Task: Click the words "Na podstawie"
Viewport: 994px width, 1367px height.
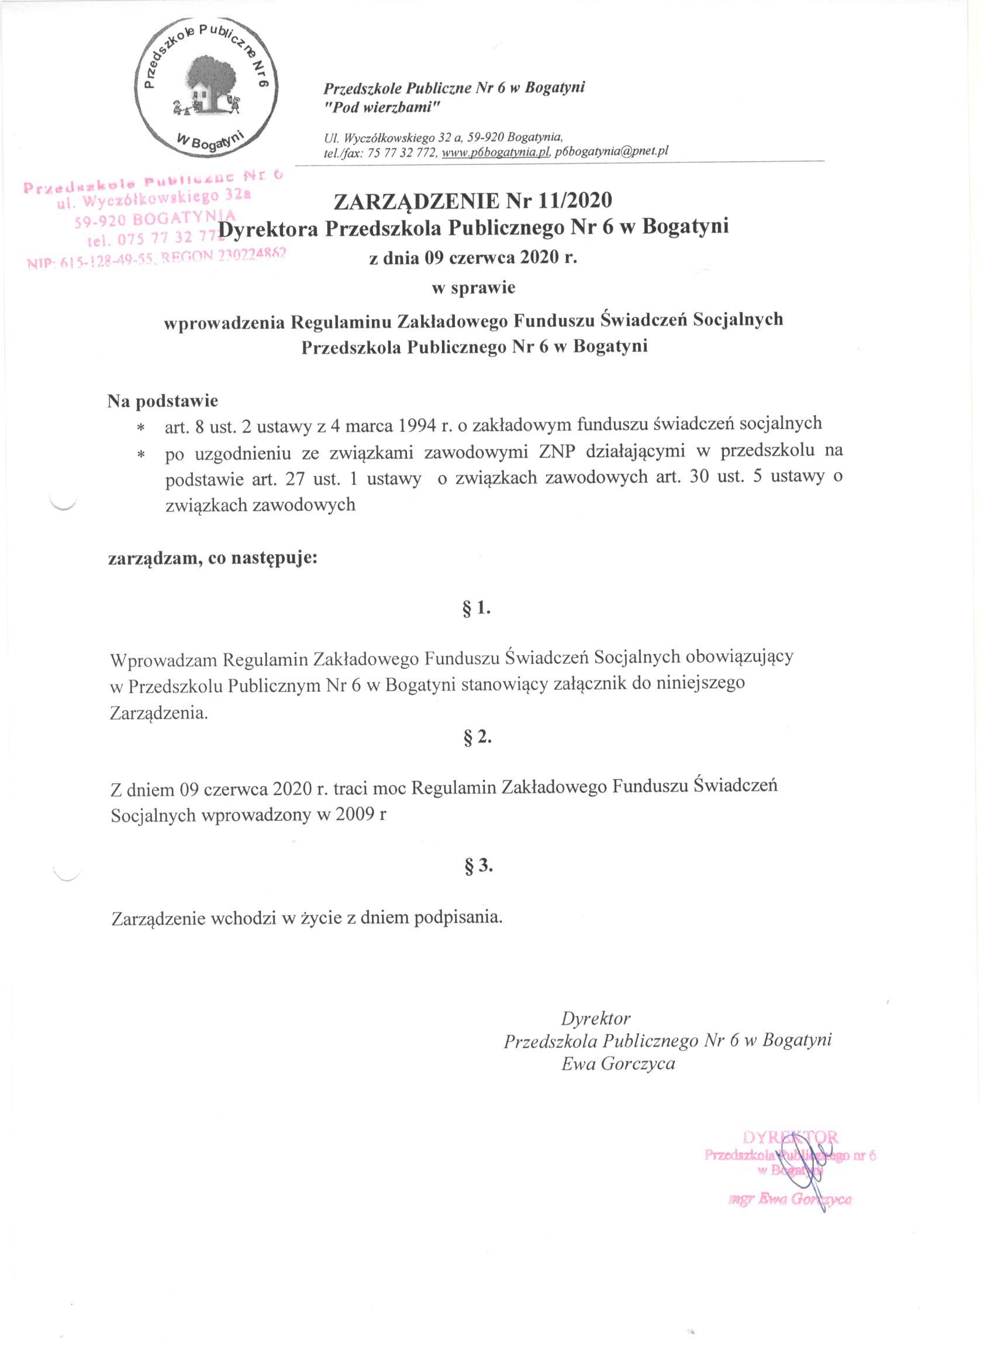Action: click(x=163, y=400)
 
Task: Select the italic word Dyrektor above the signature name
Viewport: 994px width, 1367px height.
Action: click(x=596, y=1018)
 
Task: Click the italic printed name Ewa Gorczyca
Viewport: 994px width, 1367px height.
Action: click(x=618, y=1064)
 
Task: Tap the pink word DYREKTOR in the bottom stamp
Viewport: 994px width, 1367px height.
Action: click(x=790, y=1137)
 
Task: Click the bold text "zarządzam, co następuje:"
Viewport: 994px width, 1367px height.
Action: click(x=212, y=558)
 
